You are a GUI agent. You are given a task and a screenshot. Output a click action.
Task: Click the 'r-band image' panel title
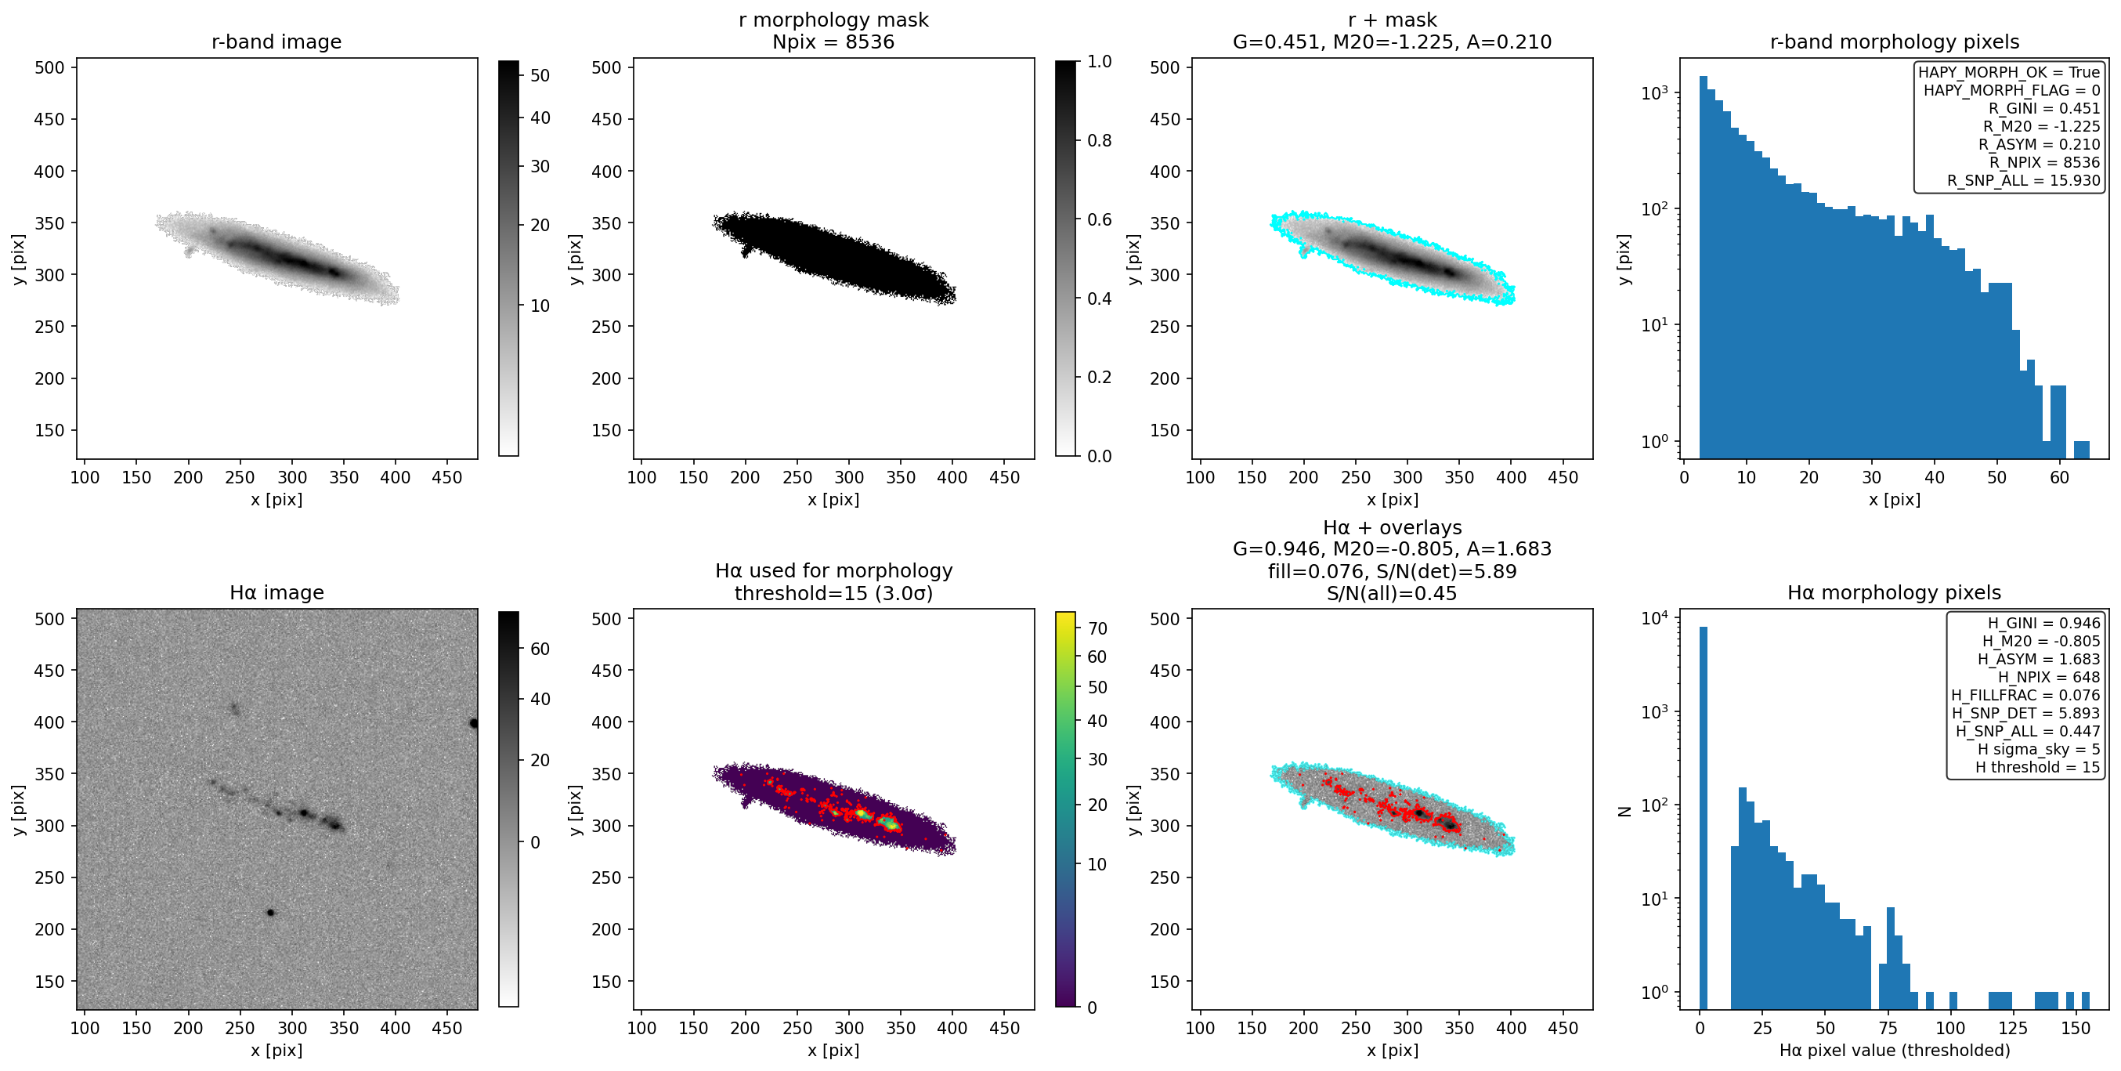click(276, 42)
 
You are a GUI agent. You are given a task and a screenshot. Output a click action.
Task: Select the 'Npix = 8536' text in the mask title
click(833, 42)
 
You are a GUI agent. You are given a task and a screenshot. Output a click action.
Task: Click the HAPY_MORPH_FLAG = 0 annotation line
click(2011, 90)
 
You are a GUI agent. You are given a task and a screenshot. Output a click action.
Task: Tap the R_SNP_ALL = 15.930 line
click(2023, 180)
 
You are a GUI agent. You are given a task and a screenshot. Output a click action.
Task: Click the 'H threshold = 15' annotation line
click(2038, 767)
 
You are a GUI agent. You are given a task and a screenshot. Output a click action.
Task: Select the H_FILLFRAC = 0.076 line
click(2025, 695)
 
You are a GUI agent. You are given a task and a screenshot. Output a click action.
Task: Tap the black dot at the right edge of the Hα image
click(473, 723)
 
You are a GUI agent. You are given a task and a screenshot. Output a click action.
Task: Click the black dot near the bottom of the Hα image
click(270, 913)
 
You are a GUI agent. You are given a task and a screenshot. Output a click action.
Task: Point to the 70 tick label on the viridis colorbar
click(1097, 628)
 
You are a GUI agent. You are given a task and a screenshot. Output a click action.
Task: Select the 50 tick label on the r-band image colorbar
click(540, 76)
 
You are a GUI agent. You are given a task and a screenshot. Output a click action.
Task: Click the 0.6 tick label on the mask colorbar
click(1099, 219)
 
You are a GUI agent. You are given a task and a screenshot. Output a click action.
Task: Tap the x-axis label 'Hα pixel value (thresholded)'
click(1894, 1051)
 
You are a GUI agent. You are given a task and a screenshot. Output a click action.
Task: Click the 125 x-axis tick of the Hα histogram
click(2013, 1028)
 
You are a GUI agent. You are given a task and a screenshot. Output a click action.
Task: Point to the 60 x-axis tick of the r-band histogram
click(2058, 477)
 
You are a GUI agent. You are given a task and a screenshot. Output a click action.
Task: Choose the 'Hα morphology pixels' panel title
click(1894, 592)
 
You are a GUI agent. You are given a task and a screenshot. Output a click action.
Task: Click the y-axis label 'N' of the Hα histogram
click(1624, 812)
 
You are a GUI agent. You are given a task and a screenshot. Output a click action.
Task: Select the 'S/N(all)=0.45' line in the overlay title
click(1392, 593)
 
